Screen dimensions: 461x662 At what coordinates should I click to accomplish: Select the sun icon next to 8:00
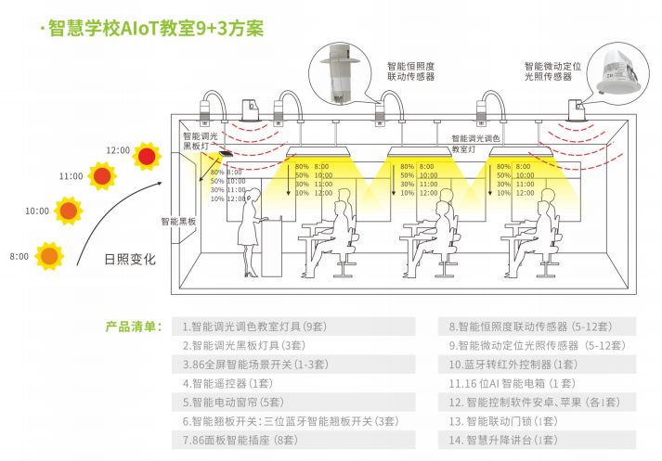click(x=49, y=254)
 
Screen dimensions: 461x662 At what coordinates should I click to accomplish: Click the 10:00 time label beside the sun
click(x=37, y=211)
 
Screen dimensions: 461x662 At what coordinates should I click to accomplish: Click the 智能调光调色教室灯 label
click(x=475, y=143)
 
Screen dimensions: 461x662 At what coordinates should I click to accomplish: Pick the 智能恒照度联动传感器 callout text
click(x=410, y=72)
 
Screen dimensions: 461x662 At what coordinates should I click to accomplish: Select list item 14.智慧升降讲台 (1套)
click(x=502, y=439)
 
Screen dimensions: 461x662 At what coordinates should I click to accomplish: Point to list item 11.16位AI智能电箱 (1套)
click(x=513, y=383)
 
